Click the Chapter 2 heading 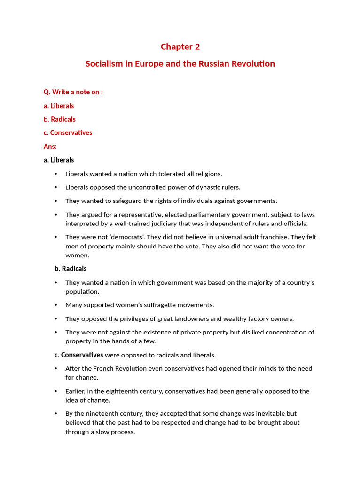tap(180, 47)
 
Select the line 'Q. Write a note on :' tap(73, 92)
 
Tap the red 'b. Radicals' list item tap(59, 119)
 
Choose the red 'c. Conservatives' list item tap(68, 133)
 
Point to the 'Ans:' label tap(50, 147)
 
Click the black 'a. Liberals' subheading tap(59, 160)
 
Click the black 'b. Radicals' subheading tap(71, 269)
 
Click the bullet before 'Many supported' tap(56, 305)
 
